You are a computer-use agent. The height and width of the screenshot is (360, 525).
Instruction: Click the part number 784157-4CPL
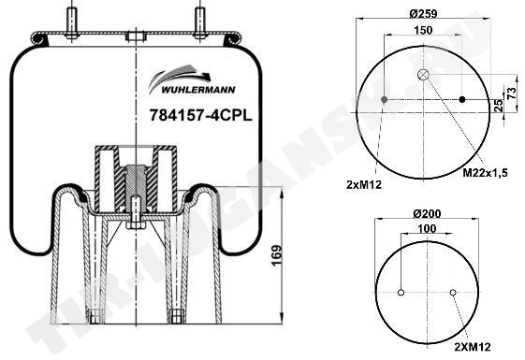pyautogui.click(x=200, y=116)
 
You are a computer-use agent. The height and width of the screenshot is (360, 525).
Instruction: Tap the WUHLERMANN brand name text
pyautogui.click(x=198, y=90)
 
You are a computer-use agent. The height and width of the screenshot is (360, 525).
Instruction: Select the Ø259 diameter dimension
pyautogui.click(x=423, y=14)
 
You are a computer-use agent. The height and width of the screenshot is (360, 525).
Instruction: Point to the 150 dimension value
pyautogui.click(x=423, y=30)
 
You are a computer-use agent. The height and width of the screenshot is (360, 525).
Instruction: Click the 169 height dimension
pyautogui.click(x=277, y=256)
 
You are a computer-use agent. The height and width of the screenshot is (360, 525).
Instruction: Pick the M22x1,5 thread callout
pyautogui.click(x=485, y=173)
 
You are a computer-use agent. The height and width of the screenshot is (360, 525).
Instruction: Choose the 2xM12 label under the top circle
pyautogui.click(x=364, y=184)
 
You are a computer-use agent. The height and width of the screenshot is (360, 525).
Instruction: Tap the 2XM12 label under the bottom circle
pyautogui.click(x=473, y=347)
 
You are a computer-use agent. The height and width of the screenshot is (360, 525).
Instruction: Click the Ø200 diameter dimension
pyautogui.click(x=427, y=213)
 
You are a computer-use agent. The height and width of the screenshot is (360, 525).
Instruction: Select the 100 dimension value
pyautogui.click(x=428, y=228)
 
